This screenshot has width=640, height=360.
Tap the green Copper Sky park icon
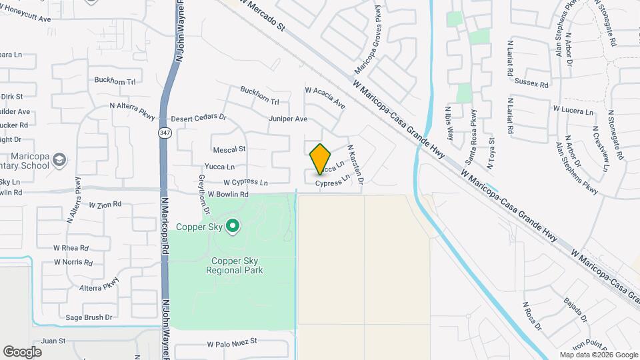[x=233, y=227]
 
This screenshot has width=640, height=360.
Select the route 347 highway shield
[x=164, y=133]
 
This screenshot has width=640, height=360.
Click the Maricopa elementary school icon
[x=60, y=160]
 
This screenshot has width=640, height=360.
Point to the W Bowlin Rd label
[x=227, y=195]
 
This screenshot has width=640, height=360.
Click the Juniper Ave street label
[x=288, y=119]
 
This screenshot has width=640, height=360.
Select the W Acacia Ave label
[x=325, y=97]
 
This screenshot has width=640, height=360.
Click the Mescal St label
[x=229, y=149]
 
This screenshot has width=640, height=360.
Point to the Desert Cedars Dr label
[x=199, y=118]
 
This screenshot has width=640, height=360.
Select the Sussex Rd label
[x=531, y=84]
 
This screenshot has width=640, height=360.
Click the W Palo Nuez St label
[x=232, y=343]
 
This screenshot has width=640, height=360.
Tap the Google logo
[x=22, y=351]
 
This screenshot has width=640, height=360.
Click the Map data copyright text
[x=598, y=355]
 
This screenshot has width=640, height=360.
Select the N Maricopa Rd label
[x=165, y=227]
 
